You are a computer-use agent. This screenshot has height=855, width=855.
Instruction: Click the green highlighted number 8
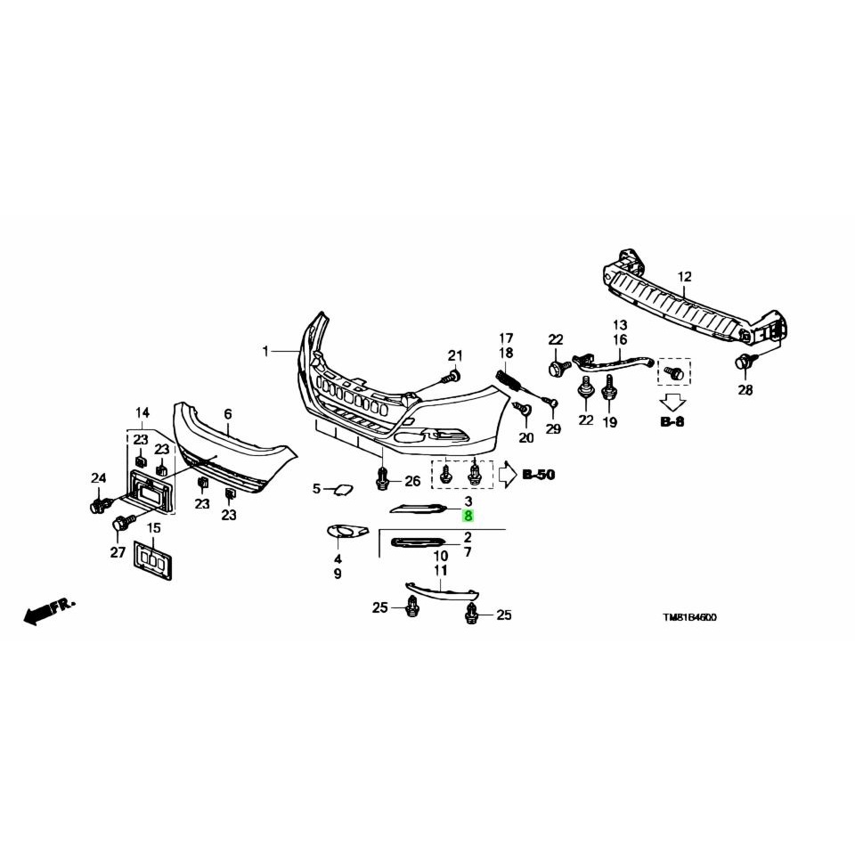[x=468, y=515]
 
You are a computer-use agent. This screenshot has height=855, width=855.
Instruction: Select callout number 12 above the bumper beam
[x=684, y=276]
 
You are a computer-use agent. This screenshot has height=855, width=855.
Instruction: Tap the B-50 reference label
[x=539, y=475]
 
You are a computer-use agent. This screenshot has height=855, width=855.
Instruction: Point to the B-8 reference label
[x=672, y=421]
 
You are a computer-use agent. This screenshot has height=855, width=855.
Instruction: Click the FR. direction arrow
[x=49, y=611]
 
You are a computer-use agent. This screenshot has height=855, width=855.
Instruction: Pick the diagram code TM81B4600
[x=689, y=617]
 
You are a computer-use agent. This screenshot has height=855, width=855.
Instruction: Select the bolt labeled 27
[x=123, y=524]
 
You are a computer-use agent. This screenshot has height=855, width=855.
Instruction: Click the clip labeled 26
[x=383, y=478]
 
